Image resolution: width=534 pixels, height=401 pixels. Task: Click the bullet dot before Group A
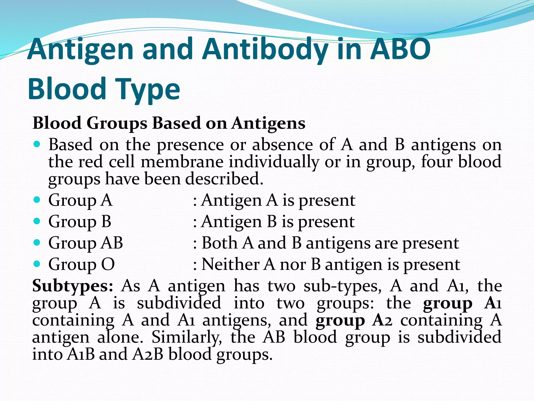pos(37,200)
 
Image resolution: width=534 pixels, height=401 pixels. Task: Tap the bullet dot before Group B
pos(37,221)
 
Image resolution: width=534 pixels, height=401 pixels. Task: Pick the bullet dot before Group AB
pos(37,243)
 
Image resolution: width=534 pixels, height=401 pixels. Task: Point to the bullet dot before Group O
pos(37,264)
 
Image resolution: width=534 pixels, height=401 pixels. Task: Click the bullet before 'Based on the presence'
pos(37,144)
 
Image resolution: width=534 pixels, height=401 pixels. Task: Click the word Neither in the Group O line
pos(230,264)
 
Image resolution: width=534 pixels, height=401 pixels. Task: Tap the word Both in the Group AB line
pos(219,243)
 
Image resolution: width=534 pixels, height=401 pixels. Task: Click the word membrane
pos(182,162)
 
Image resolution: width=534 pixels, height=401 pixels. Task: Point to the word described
pos(224,179)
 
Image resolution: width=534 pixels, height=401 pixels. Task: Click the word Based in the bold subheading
pos(176,123)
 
